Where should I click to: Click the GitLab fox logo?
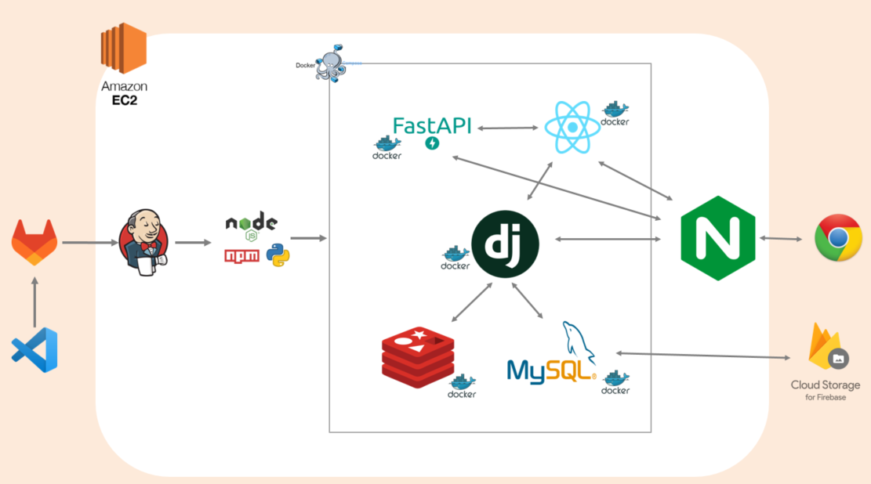click(x=34, y=242)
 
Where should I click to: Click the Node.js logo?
click(x=251, y=225)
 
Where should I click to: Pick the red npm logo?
click(x=241, y=255)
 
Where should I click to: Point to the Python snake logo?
click(x=278, y=255)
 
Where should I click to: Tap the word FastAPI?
click(x=431, y=125)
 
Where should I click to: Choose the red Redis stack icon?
click(x=418, y=357)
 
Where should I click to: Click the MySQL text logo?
click(x=551, y=369)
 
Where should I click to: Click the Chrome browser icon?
click(x=838, y=237)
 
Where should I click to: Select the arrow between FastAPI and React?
click(x=508, y=128)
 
